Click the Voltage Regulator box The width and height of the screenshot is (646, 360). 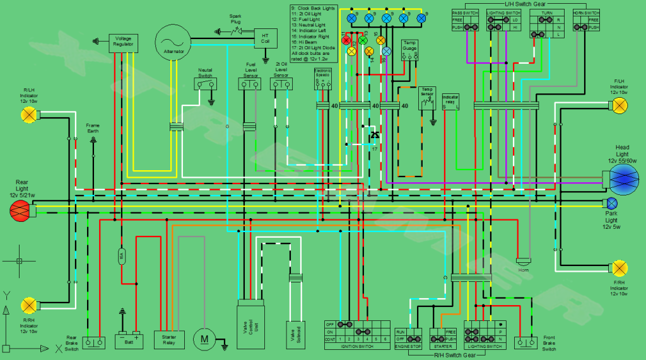[x=123, y=42]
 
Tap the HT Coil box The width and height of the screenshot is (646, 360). [x=265, y=38]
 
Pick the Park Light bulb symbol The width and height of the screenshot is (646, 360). [x=611, y=203]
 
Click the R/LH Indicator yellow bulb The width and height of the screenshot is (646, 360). [x=28, y=114]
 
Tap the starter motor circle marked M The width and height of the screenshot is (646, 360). [x=204, y=339]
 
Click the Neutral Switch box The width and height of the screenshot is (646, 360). [x=205, y=84]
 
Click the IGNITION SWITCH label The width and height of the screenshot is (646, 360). [x=356, y=346]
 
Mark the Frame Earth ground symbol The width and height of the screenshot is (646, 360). [x=93, y=139]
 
